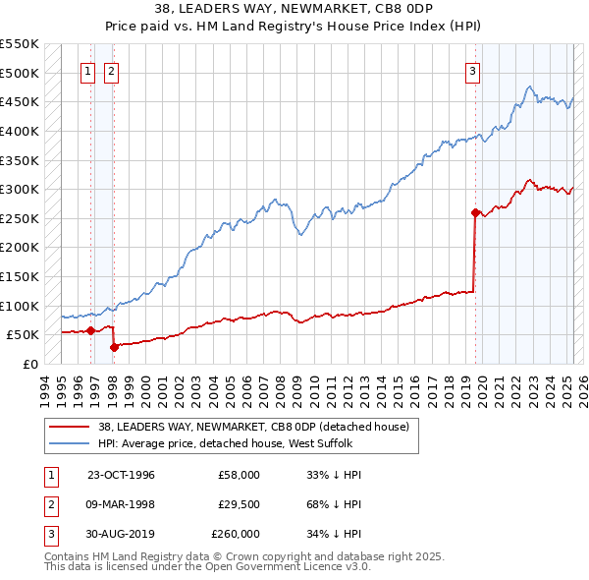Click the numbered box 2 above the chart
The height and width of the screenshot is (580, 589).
click(x=111, y=71)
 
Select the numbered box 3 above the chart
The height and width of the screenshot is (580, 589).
click(x=473, y=71)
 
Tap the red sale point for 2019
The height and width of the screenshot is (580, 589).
click(x=475, y=212)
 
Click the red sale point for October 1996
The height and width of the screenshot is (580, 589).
click(x=90, y=330)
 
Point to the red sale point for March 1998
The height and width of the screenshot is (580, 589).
click(x=114, y=346)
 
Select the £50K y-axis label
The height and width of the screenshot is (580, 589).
click(x=24, y=335)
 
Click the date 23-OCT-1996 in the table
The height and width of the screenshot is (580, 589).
click(x=121, y=475)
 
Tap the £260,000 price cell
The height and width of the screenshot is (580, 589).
click(x=235, y=534)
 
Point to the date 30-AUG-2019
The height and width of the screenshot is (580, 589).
click(x=121, y=534)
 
